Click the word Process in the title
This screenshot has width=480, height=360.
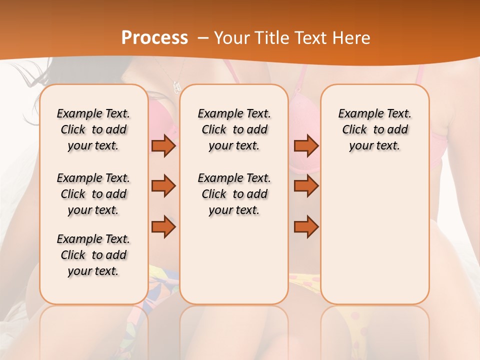point(154,37)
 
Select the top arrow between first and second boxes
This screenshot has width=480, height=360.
point(163,145)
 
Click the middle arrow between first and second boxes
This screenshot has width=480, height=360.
point(163,186)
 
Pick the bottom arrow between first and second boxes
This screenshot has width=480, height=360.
point(163,227)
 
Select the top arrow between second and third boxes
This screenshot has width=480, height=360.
point(306,145)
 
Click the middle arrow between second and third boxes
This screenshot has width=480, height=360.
point(306,186)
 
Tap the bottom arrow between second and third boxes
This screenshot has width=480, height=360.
point(306,227)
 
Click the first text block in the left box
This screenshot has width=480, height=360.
point(93,129)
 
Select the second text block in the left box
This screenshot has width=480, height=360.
point(93,194)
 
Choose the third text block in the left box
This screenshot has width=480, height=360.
point(93,255)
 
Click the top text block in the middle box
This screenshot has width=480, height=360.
point(234,129)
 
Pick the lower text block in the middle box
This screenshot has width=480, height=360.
point(234,194)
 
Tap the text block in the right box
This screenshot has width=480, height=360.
point(375,129)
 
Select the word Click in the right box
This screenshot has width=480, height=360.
point(354,130)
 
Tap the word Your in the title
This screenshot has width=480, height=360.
point(228,38)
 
